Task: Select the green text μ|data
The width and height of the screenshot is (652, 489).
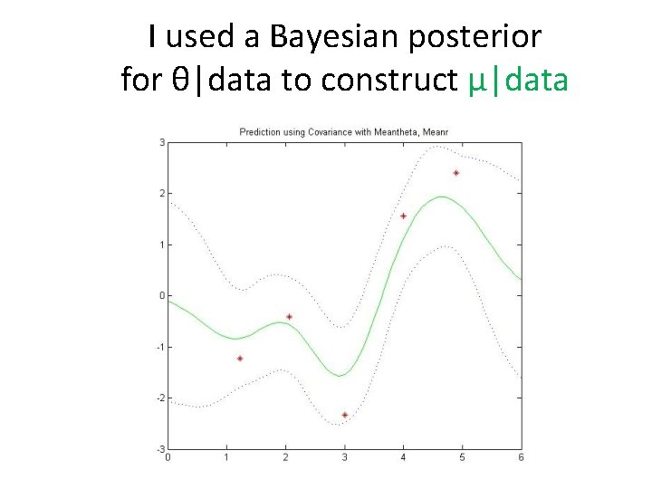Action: [x=519, y=81]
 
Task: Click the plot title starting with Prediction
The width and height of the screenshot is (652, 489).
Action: [x=343, y=132]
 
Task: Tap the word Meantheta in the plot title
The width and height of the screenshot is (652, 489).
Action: [x=394, y=132]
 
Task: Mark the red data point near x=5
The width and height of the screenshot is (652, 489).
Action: [x=455, y=173]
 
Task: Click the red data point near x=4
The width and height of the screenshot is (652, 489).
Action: [x=403, y=216]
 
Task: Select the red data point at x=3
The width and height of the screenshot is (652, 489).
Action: [x=345, y=415]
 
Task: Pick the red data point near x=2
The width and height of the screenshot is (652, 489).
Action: [x=289, y=317]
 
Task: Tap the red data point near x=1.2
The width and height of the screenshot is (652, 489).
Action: [x=240, y=359]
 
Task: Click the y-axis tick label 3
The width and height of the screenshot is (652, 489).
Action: [x=160, y=142]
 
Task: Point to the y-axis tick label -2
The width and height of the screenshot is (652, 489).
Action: [x=158, y=398]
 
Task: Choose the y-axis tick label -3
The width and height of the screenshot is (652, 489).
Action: [x=158, y=449]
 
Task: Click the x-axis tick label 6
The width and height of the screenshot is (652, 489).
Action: [x=521, y=458]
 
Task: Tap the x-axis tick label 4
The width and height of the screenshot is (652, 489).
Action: [x=403, y=458]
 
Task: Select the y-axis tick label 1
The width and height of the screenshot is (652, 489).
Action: [x=160, y=244]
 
